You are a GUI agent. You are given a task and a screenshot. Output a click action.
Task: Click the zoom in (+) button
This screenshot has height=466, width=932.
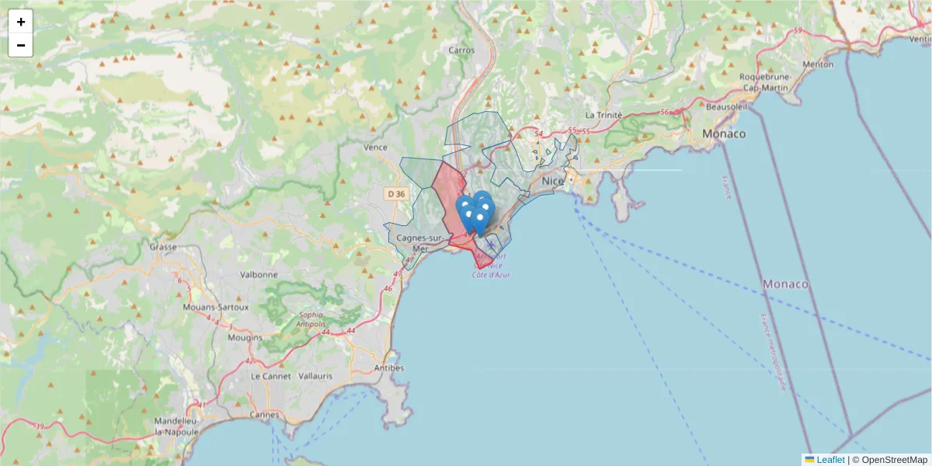click(21, 22)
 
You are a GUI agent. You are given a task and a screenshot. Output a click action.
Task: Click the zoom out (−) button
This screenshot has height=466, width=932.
click(21, 45)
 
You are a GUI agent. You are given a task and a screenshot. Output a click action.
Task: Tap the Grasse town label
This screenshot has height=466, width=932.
click(164, 247)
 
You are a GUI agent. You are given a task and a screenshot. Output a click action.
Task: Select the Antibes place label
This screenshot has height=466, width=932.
click(389, 367)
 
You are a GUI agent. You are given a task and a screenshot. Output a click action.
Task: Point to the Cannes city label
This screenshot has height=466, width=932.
click(264, 415)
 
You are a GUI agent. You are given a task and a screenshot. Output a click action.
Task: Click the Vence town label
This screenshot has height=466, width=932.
click(375, 147)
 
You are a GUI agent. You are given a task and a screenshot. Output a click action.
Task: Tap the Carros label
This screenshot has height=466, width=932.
click(461, 50)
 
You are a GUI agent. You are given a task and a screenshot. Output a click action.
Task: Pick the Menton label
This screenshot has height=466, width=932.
click(818, 64)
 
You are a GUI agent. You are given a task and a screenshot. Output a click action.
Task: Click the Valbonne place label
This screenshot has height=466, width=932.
click(259, 274)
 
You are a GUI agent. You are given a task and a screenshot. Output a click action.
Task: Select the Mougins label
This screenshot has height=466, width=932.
click(245, 338)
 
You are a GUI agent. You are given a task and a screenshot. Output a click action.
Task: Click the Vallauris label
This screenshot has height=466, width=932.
click(315, 376)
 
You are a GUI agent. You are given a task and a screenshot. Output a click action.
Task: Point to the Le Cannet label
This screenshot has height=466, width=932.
click(270, 376)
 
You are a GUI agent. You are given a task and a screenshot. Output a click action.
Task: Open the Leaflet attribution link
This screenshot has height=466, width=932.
click(829, 460)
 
